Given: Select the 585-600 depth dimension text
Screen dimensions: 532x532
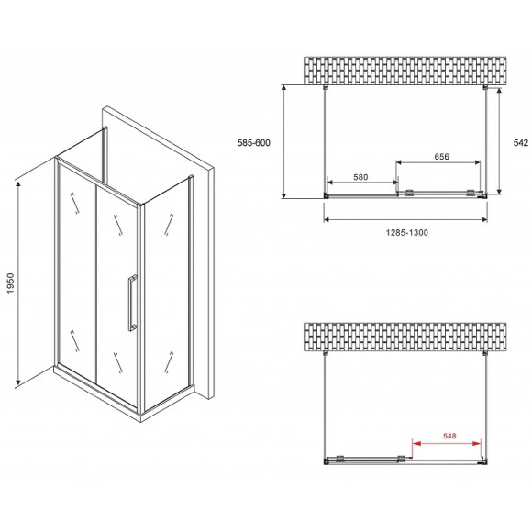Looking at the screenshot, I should (253, 142).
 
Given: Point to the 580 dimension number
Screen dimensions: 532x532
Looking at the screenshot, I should (360, 178).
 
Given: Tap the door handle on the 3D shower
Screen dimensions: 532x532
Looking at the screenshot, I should (133, 300).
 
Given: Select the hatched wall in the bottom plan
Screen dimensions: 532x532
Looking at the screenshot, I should (405, 337).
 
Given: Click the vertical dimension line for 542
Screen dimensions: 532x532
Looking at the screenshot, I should (499, 142).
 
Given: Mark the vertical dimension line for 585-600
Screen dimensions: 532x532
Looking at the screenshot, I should (286, 142).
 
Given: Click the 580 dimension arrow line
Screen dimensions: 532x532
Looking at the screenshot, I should (360, 188).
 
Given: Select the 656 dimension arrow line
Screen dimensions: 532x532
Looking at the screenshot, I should (438, 165).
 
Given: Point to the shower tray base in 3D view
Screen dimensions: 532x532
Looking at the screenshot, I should (124, 394).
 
